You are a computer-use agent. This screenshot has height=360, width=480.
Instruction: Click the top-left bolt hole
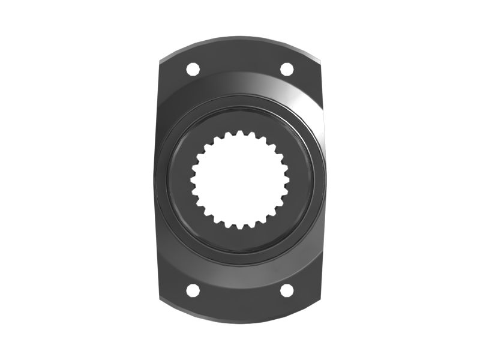click(193, 69)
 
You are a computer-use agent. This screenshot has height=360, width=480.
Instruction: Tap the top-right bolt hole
click(287, 69)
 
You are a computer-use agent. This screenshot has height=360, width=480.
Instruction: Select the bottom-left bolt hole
click(193, 290)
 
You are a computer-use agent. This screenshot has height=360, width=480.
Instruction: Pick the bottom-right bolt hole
click(287, 290)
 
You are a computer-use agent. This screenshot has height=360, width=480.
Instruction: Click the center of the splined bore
click(240, 180)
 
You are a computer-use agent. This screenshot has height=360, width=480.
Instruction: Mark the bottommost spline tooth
click(240, 227)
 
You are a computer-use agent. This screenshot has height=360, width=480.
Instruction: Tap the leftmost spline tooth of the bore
click(193, 180)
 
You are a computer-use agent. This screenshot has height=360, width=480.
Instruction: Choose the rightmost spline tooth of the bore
click(287, 180)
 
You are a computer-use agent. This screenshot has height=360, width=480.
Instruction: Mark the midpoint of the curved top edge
click(240, 38)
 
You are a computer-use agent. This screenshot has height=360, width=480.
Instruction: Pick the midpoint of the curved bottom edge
click(240, 322)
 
